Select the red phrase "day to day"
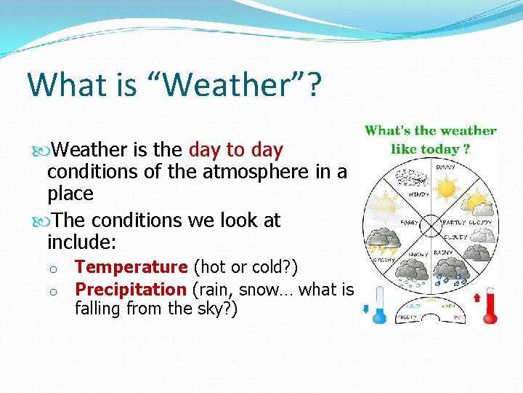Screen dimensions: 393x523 click(235, 150)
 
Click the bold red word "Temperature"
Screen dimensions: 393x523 click(131, 267)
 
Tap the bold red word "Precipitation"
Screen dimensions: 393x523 click(131, 289)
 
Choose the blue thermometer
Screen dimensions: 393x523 click(378, 301)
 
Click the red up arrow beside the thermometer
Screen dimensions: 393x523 click(477, 296)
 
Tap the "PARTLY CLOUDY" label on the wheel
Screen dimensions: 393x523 click(469, 222)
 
